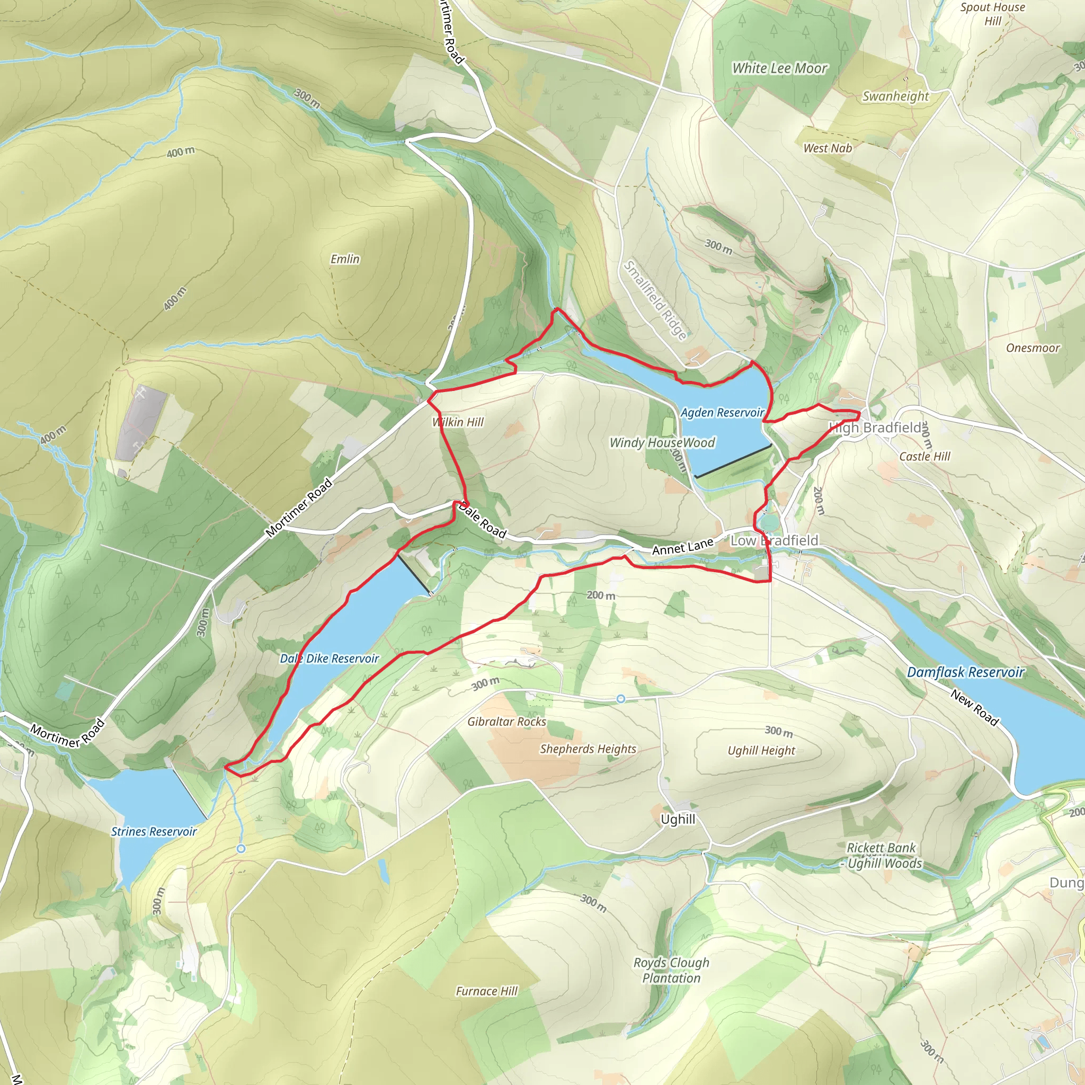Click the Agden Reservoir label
coord(722,413)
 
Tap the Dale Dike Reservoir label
coord(330,658)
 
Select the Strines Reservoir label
coord(154,831)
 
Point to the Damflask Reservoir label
coord(965,672)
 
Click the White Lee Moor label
coord(779,68)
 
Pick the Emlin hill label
coord(345,259)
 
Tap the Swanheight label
coord(896,96)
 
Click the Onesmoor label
coord(1033,348)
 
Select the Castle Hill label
coord(924,456)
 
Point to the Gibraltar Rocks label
coord(506,722)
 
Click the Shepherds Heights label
coord(588,749)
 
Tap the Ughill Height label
coord(761,750)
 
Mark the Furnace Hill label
coord(486,991)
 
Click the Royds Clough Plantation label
coord(671,970)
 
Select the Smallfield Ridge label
coord(656,300)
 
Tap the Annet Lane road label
coord(682,547)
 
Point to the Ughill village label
coord(678,820)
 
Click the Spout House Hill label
coord(992,14)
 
